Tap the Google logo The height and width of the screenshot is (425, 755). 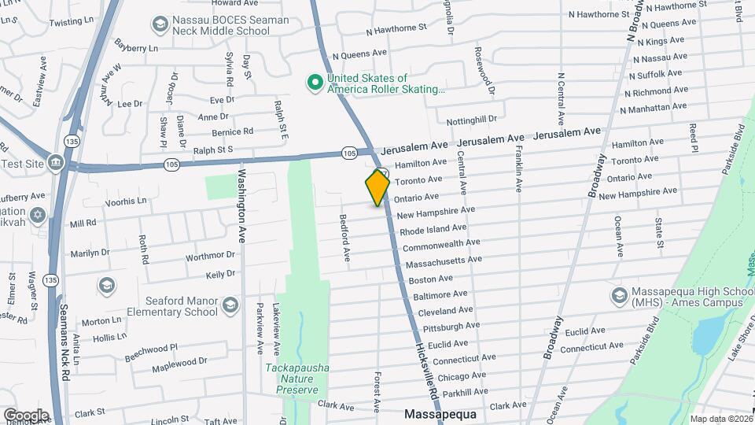pos(26,416)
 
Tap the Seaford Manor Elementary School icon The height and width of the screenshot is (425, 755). pos(230,305)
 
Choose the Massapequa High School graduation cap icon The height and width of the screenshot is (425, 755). pos(619,296)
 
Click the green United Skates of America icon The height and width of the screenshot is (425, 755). pos(315,83)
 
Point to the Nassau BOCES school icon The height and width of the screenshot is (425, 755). pos(160,25)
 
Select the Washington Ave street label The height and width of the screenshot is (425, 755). pos(242,205)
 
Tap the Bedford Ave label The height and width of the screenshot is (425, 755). pos(344,237)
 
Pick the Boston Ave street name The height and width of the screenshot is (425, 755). pos(430,279)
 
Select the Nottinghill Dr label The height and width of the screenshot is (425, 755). pos(472,120)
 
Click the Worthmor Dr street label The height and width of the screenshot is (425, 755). pos(210,257)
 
